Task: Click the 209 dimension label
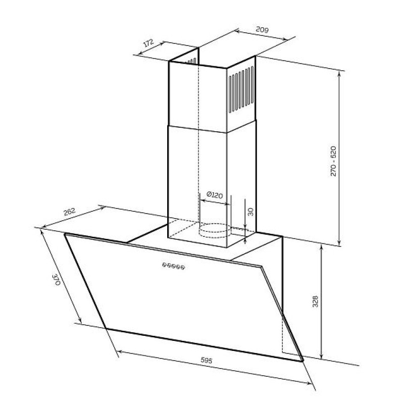pos(262,30)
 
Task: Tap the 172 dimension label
pos(148,43)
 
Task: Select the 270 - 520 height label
pos(333,161)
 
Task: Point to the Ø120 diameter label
pos(215,195)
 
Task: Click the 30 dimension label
pos(250,212)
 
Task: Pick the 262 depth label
pos(69,212)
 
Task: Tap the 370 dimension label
pos(56,280)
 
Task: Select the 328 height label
pos(315,301)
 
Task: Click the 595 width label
pos(207,360)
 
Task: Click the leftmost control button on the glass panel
pos(164,264)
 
